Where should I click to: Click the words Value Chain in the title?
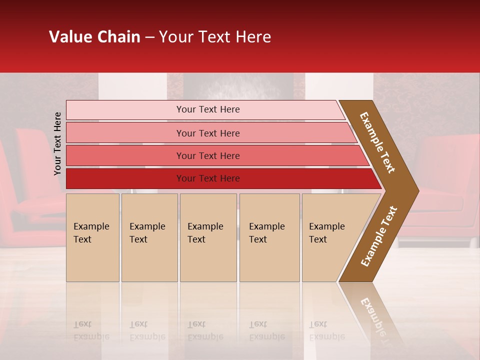point(94,37)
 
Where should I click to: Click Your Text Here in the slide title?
point(215,37)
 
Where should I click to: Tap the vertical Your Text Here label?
point(57,144)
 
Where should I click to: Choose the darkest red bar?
point(125,178)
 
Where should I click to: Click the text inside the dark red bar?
point(208,178)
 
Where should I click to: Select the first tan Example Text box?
point(92,237)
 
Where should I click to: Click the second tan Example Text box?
point(149,237)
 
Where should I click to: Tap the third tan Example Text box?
point(208,237)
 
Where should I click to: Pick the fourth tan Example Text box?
point(269,237)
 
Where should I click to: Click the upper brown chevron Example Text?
point(377,142)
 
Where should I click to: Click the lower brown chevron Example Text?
point(378,236)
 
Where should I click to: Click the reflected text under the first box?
point(91,331)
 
